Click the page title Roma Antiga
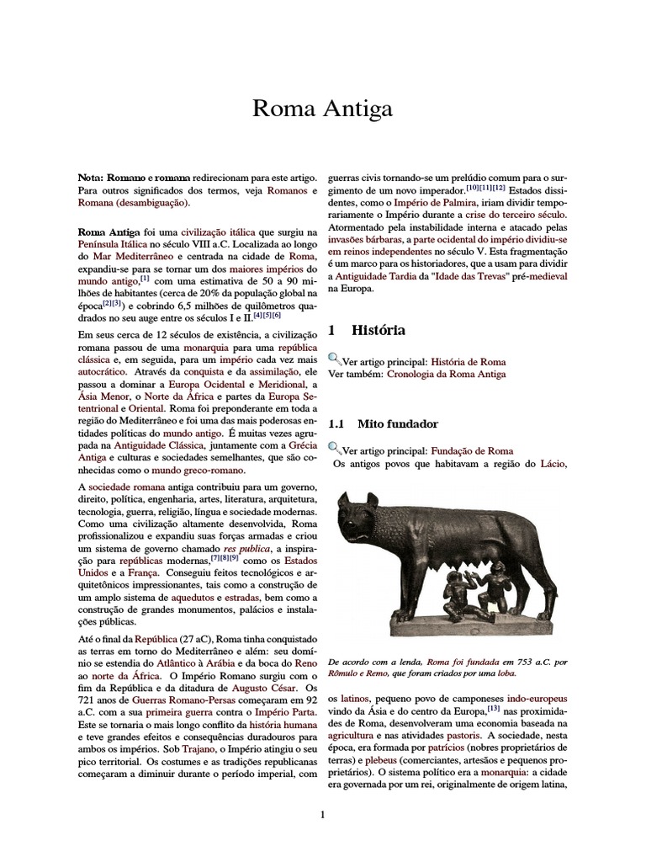(x=323, y=109)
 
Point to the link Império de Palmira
(x=436, y=203)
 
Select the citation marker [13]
(x=493, y=709)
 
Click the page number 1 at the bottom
(x=323, y=814)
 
